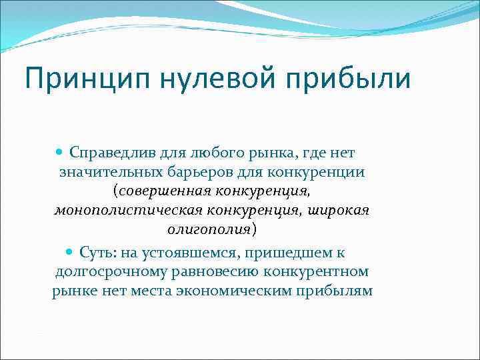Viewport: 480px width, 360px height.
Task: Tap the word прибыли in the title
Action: point(357,79)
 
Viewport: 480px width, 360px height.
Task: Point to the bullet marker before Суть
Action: point(71,253)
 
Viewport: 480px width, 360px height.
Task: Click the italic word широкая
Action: point(339,211)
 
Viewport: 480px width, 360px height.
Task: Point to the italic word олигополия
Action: point(208,230)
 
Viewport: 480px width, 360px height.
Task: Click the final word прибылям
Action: point(339,292)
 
